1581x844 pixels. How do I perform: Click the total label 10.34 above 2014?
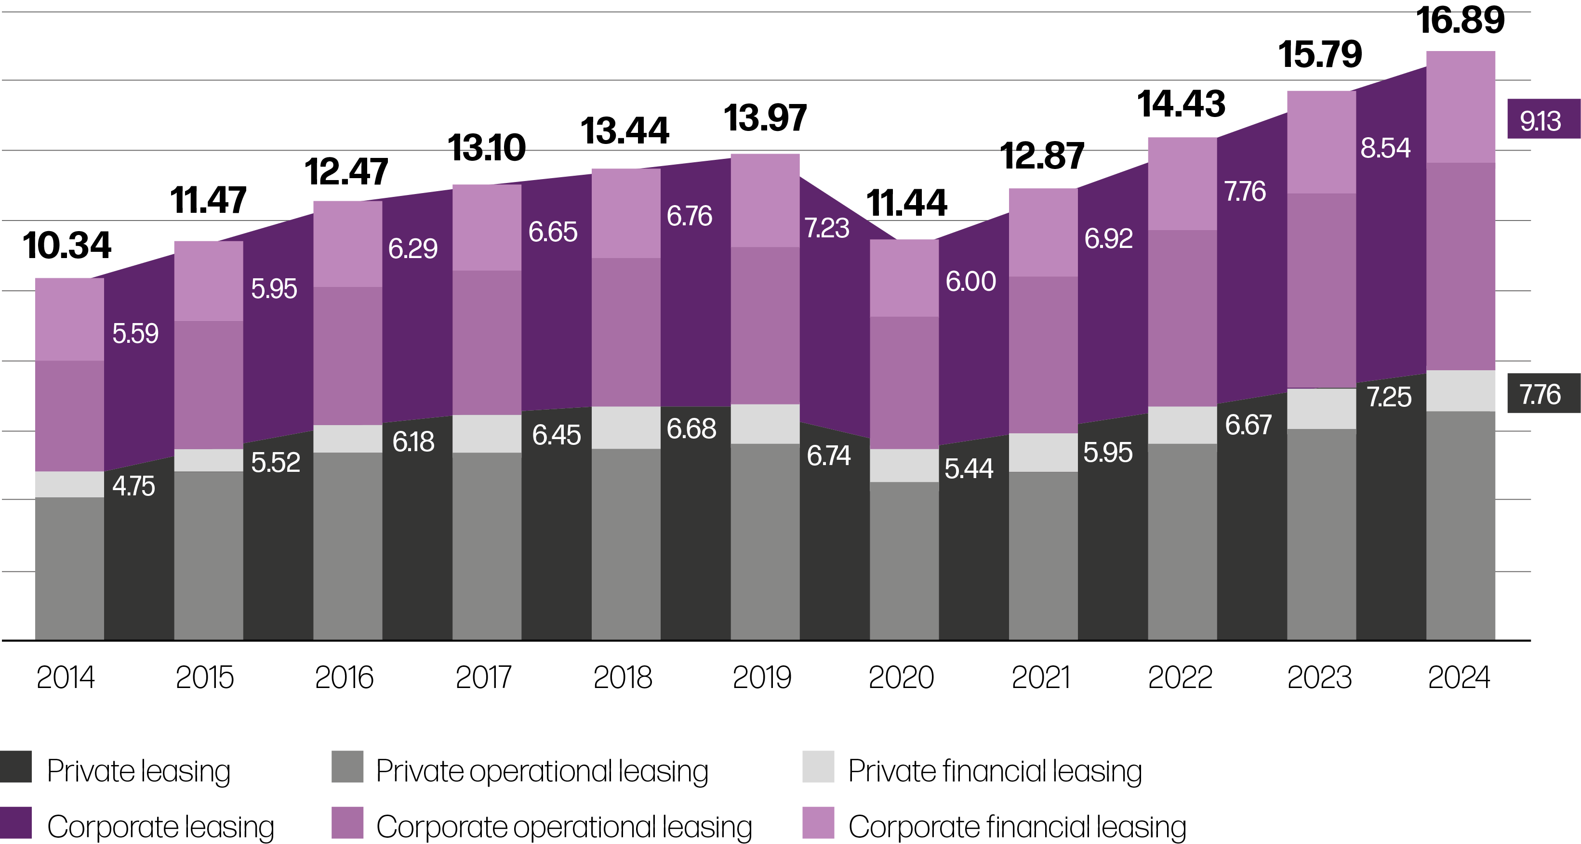67,246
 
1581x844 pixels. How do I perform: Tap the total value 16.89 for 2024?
1461,20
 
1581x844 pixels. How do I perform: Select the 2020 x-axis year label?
901,678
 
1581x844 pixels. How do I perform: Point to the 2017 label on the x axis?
484,678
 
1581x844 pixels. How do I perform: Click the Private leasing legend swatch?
16,766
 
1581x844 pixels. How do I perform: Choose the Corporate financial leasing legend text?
1017,827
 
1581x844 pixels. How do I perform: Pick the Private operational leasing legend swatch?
347,766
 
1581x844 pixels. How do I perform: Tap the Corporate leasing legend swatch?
16,822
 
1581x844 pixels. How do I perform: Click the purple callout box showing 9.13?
1543,119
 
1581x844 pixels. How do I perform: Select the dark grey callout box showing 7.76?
1543,394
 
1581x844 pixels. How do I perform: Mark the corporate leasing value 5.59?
135,334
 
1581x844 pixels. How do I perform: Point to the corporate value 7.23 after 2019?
827,228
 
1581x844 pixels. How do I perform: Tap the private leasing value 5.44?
969,468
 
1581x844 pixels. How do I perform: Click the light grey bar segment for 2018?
625,428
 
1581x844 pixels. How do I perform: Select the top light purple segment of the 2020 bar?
904,278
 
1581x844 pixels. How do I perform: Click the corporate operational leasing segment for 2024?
1461,266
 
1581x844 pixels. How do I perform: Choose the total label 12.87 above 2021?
1042,156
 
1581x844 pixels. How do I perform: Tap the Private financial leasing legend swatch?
818,766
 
